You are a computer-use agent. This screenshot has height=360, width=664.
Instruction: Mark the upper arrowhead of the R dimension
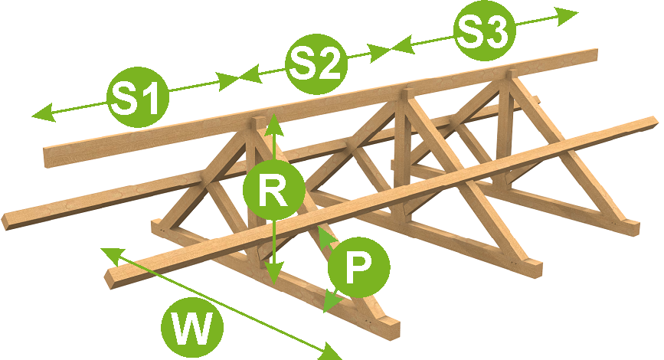click(x=273, y=122)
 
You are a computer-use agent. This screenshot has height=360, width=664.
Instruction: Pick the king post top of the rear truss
click(x=507, y=77)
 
